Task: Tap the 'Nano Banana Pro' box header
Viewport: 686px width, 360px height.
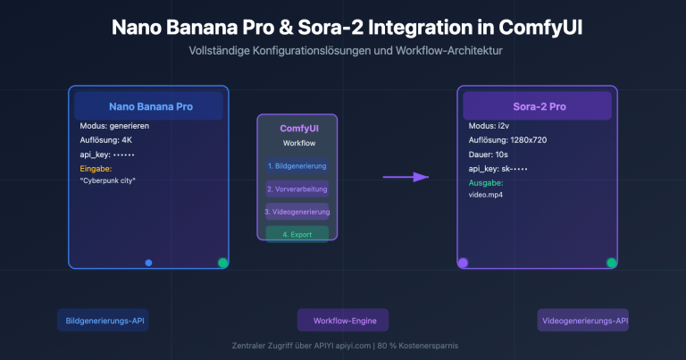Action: click(x=149, y=106)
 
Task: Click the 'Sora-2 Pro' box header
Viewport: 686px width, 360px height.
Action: click(x=537, y=106)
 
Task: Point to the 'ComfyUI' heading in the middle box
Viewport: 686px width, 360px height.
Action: click(x=297, y=129)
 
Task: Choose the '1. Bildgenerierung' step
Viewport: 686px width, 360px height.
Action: click(x=297, y=165)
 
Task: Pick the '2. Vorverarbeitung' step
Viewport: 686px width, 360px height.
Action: click(x=297, y=188)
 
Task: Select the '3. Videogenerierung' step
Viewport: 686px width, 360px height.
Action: click(x=297, y=212)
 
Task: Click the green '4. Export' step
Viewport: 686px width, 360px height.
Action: click(x=297, y=233)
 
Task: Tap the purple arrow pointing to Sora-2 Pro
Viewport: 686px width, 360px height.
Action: click(x=406, y=177)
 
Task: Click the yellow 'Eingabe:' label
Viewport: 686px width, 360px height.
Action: click(x=96, y=167)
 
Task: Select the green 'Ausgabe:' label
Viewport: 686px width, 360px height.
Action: click(x=487, y=181)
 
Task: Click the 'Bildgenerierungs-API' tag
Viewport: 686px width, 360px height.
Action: click(x=102, y=321)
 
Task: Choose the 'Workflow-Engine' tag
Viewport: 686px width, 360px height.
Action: click(x=344, y=321)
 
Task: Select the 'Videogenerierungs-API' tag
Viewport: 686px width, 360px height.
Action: click(x=583, y=321)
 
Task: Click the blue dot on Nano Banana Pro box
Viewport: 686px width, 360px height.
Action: click(x=148, y=263)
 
